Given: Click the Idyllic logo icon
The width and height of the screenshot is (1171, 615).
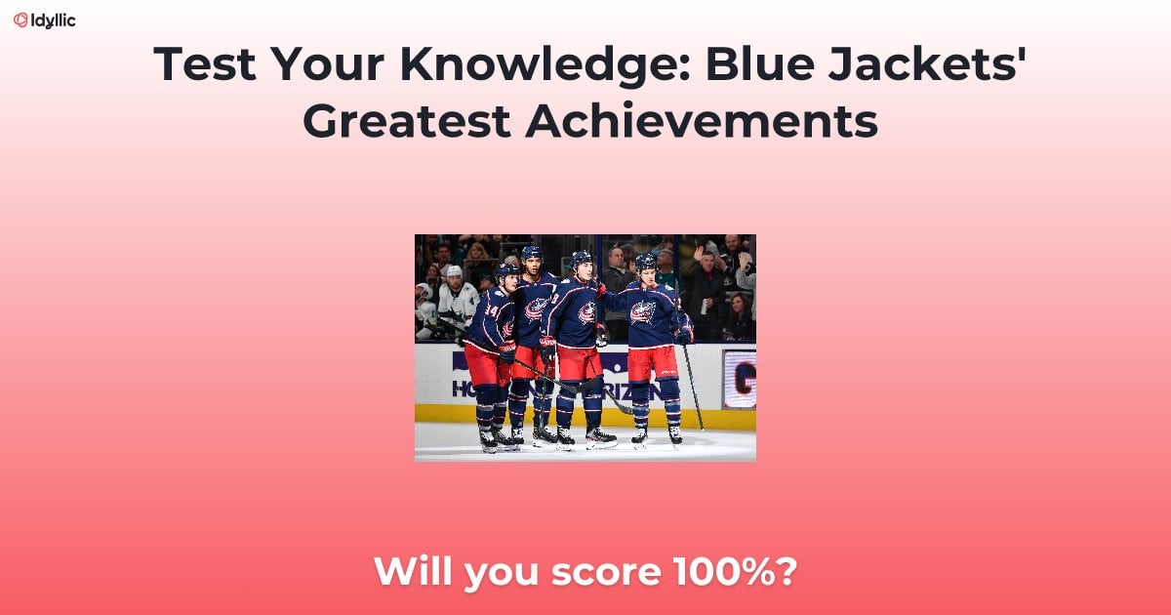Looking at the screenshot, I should (20, 20).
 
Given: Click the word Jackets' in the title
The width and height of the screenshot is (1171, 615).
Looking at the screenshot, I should (938, 64).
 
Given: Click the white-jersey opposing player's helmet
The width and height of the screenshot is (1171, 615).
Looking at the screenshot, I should (454, 271).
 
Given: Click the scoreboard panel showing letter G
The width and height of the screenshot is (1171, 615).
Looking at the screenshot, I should (739, 380).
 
